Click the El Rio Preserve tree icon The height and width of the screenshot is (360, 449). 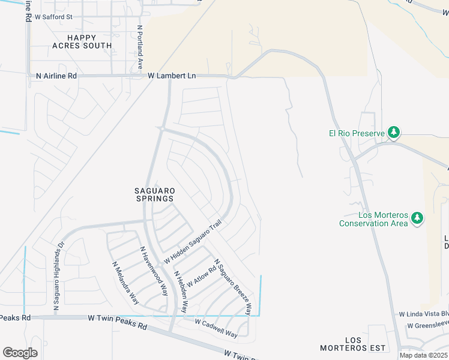(x=394, y=132)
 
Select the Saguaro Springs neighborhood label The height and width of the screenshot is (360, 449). (x=154, y=194)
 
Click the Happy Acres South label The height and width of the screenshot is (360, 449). (x=82, y=41)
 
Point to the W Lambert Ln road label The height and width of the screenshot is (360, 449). (x=172, y=76)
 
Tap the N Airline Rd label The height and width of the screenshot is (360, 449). (x=56, y=76)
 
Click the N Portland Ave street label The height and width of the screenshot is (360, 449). (x=140, y=46)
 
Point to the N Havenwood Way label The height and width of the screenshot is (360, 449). (x=154, y=271)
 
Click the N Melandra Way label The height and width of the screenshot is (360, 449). (x=122, y=278)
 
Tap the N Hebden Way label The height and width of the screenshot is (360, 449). (x=181, y=292)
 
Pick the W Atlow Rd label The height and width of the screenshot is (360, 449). (x=200, y=275)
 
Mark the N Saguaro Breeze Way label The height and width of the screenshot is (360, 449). (x=232, y=287)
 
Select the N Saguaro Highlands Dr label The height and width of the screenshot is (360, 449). (x=58, y=276)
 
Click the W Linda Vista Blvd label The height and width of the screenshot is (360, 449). (x=424, y=314)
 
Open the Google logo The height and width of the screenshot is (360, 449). (x=20, y=353)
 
